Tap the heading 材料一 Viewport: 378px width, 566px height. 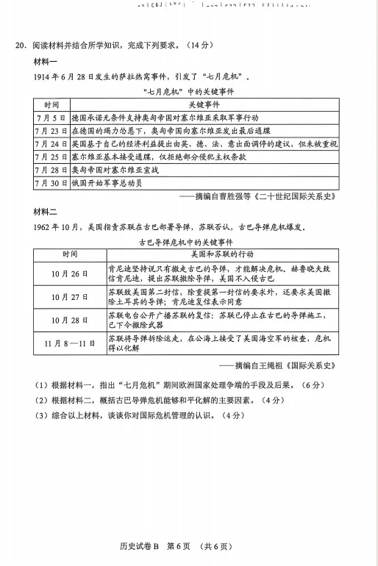click(x=35, y=61)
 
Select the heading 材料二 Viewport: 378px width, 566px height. click(x=35, y=212)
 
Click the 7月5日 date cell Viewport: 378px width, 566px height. click(x=51, y=118)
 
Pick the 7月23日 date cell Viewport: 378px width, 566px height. click(x=51, y=131)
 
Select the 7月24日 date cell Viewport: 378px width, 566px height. click(x=51, y=144)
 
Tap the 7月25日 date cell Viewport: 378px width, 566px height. click(x=51, y=157)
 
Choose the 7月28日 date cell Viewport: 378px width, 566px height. click(x=51, y=170)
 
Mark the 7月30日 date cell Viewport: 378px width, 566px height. click(x=51, y=183)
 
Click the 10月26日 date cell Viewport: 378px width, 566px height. click(x=69, y=273)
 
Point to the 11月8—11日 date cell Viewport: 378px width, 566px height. click(x=69, y=343)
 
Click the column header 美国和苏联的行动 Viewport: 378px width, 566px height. click(x=221, y=254)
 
